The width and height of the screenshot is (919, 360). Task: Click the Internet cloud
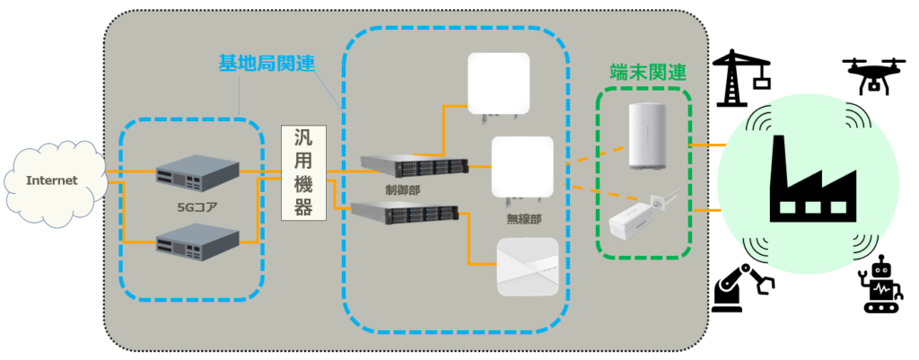click(x=51, y=180)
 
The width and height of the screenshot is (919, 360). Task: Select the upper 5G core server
click(x=197, y=175)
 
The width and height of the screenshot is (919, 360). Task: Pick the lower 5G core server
click(x=197, y=240)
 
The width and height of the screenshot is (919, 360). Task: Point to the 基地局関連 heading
click(x=259, y=63)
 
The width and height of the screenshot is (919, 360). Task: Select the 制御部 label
click(x=402, y=190)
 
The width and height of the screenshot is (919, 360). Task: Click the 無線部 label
click(x=521, y=218)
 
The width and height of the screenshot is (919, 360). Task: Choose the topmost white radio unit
click(x=501, y=83)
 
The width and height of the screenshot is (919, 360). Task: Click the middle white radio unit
click(x=521, y=167)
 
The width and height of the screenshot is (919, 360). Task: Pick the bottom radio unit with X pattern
click(x=528, y=267)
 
